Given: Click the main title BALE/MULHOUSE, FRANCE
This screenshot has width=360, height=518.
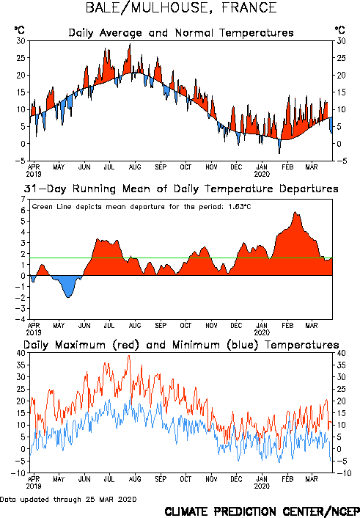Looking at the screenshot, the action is point(181,8).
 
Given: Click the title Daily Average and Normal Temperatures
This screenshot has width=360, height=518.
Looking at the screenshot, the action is point(181,33).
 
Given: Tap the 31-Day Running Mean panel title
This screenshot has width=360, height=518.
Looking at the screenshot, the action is point(181,189).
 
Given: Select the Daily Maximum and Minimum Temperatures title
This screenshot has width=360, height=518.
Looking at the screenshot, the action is point(181,345).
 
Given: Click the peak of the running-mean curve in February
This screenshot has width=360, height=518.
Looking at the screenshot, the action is point(295,212).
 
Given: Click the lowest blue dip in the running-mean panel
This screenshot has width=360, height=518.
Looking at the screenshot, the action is point(68,297).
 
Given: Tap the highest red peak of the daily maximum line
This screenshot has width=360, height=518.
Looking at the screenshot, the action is point(129,356).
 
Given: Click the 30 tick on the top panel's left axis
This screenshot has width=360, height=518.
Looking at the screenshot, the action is point(21,41).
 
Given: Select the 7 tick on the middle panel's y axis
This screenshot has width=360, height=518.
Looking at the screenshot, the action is point(23,200).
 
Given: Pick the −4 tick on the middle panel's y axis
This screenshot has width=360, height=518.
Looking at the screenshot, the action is point(21,319).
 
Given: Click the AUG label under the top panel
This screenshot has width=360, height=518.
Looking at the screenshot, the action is point(135,167).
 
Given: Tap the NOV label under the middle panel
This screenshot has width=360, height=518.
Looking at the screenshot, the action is point(211,326).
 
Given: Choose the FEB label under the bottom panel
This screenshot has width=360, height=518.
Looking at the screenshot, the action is point(287,479).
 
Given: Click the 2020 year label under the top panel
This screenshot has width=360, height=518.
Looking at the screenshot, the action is point(262,174).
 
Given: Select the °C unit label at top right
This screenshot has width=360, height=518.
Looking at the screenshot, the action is point(340,30).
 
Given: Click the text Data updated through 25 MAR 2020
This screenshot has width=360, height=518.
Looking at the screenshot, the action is point(68,499).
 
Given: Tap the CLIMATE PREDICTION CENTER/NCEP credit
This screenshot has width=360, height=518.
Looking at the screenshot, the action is point(262,511).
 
